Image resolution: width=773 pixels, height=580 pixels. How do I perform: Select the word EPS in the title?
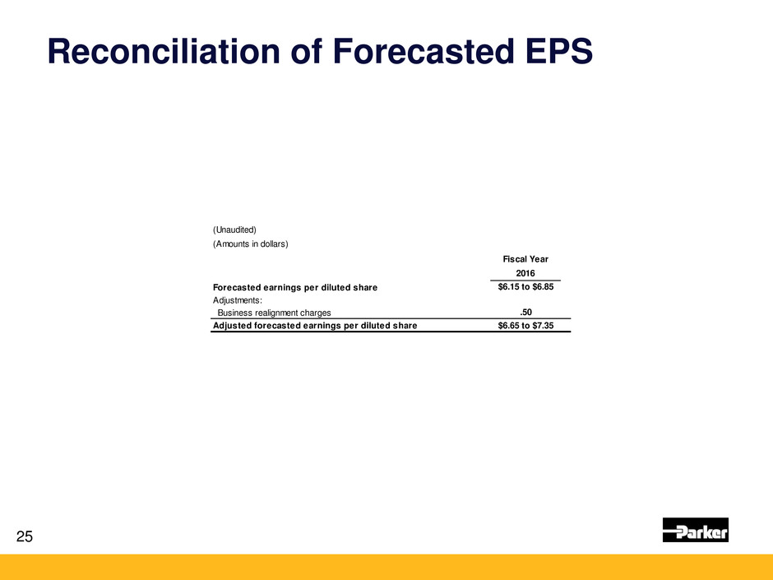point(559,51)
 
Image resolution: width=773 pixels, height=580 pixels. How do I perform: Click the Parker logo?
point(695,530)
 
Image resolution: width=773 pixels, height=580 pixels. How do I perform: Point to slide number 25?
point(25,536)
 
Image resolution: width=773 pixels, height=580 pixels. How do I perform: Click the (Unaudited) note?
point(234,230)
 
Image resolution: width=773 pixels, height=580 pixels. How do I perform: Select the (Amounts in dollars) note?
point(251,244)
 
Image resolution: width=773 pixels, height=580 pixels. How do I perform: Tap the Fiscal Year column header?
point(525,259)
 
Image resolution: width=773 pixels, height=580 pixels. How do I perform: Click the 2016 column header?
point(525,273)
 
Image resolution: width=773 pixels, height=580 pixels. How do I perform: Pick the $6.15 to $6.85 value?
point(525,286)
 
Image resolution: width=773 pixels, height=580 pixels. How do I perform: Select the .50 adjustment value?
point(526,312)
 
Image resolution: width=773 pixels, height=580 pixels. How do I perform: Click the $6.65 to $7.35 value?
point(525,326)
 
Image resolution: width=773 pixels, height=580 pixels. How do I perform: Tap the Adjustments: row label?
point(238,300)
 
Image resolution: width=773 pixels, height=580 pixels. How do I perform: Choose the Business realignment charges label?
point(274,313)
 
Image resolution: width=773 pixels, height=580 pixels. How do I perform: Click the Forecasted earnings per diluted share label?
point(295,288)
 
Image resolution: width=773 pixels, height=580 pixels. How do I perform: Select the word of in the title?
point(307,51)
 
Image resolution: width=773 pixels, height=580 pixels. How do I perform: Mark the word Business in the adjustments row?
point(235,313)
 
